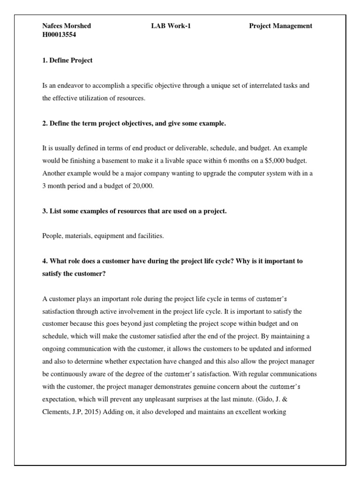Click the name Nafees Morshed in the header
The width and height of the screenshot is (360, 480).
[67, 26]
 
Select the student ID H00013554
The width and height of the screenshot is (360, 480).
[59, 35]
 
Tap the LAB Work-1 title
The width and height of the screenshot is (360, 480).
[168, 26]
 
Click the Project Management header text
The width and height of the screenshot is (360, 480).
[280, 26]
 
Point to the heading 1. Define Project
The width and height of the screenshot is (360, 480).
[67, 60]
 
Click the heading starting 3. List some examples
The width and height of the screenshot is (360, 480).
[135, 211]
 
